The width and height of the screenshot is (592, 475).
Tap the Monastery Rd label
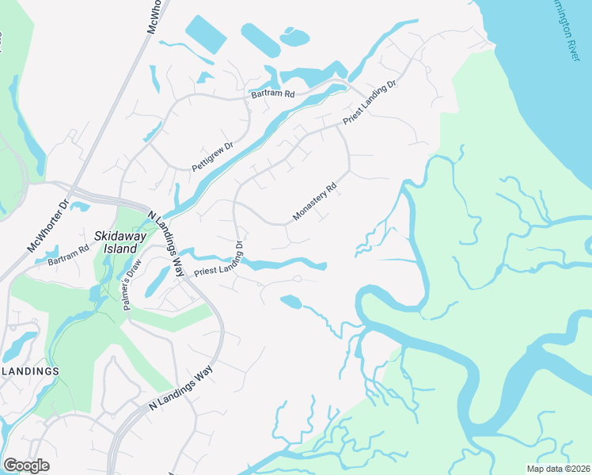pos(315,203)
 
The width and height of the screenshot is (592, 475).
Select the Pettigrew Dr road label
pos(213,157)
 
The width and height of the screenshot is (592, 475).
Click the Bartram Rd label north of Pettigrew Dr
pos(272,93)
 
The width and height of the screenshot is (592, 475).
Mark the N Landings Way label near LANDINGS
pos(182,389)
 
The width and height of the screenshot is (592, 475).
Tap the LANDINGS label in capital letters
pos(30,370)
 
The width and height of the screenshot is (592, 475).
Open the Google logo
pos(26,465)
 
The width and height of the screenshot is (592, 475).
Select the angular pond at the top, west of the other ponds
pos(206,36)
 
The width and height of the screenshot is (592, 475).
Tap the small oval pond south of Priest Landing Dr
pos(290,301)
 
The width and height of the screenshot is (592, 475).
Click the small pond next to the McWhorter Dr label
pos(80,207)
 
